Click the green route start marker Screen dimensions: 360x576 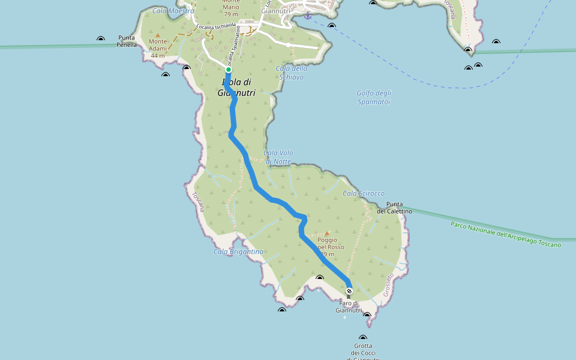pyautogui.click(x=229, y=70)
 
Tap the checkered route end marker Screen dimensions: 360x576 pyautogui.click(x=349, y=291)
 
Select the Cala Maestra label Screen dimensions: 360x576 pyautogui.click(x=173, y=11)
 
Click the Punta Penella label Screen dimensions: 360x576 pyautogui.click(x=127, y=41)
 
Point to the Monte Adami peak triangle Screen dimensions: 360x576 pyautogui.click(x=158, y=35)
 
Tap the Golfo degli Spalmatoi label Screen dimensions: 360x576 pyautogui.click(x=373, y=97)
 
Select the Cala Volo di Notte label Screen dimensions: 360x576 pyautogui.click(x=278, y=157)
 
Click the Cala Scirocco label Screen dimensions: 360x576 pyautogui.click(x=364, y=193)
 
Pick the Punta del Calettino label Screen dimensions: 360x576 pyautogui.click(x=394, y=208)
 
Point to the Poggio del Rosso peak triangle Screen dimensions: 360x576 pyautogui.click(x=327, y=233)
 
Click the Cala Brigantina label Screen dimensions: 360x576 pyautogui.click(x=238, y=251)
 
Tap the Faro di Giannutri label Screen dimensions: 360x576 pyautogui.click(x=349, y=307)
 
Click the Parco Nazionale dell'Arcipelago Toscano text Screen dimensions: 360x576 pyautogui.click(x=506, y=235)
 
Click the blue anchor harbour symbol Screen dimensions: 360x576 pyautogui.click(x=308, y=16)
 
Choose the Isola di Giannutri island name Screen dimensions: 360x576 pyautogui.click(x=236, y=88)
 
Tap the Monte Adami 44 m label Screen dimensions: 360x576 pyautogui.click(x=158, y=48)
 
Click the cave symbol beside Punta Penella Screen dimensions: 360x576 pyautogui.click(x=101, y=40)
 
